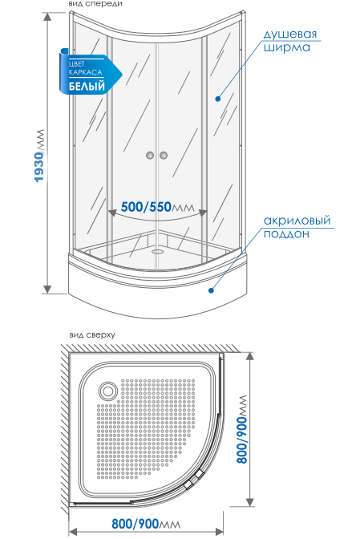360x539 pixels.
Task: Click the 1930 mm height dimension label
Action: [x=39, y=156]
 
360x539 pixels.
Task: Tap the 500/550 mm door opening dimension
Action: [x=157, y=207]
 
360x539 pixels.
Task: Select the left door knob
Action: [x=150, y=156]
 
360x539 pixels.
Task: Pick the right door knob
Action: [x=164, y=156]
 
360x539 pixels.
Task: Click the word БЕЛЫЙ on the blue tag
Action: [x=87, y=86]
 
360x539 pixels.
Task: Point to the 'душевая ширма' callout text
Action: [x=290, y=40]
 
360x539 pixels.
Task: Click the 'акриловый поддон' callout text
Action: [x=297, y=227]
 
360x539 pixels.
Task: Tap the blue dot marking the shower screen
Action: [x=218, y=99]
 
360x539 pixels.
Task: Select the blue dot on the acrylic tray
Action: [x=211, y=290]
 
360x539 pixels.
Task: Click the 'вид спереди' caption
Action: [x=95, y=4]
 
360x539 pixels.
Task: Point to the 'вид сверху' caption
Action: [x=92, y=334]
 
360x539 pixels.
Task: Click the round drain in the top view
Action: [x=108, y=391]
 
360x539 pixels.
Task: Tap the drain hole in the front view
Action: [x=159, y=251]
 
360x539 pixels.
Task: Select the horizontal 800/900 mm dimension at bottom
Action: [x=146, y=524]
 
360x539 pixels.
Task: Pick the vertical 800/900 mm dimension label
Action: [x=242, y=429]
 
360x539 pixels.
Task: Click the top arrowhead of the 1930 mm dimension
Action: [x=47, y=17]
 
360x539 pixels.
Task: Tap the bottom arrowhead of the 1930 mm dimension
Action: [x=47, y=290]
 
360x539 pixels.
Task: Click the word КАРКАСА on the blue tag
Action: [x=86, y=72]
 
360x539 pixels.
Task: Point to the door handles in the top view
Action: [x=194, y=480]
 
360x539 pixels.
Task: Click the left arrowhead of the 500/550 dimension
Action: [x=112, y=213]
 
